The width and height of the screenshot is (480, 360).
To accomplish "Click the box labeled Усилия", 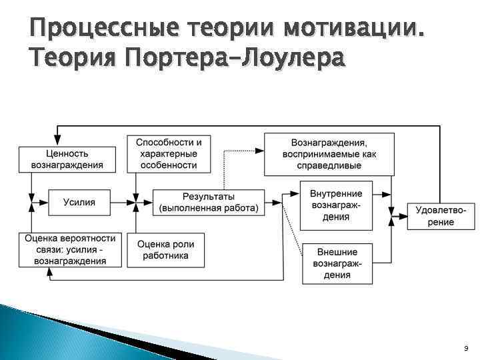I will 79,201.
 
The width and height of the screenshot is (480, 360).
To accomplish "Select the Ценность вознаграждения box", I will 67,158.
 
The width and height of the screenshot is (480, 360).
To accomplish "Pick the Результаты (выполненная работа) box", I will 209,201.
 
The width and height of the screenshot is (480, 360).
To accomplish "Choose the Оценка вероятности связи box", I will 70,249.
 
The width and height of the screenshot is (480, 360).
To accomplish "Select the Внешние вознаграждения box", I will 337,263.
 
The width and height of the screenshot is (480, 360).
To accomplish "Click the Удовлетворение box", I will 441,215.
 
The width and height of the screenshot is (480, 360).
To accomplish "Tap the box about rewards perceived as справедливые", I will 329,153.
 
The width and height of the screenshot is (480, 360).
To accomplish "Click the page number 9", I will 465,347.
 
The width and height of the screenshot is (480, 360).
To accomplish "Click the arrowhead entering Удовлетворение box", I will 402,215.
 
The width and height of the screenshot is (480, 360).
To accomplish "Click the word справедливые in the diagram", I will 329,165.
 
